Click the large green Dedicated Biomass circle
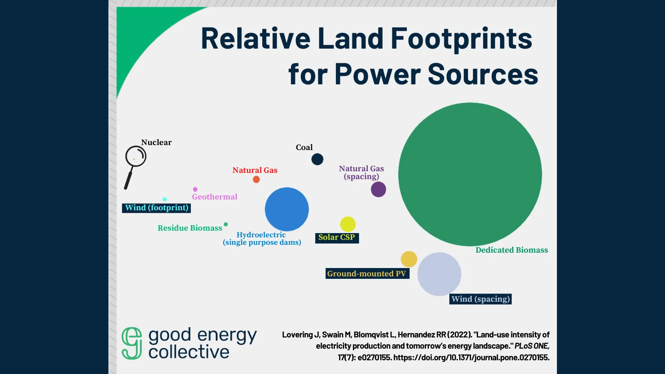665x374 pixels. (x=470, y=174)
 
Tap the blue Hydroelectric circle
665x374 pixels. (x=287, y=209)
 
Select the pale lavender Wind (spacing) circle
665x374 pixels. (x=439, y=274)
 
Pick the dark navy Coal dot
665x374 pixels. (x=317, y=159)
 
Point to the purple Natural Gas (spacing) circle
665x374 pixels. (x=378, y=189)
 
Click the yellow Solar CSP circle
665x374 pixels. (x=348, y=224)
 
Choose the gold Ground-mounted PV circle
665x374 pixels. (x=409, y=259)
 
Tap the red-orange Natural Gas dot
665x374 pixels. (x=256, y=179)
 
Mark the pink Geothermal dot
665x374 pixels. (x=195, y=189)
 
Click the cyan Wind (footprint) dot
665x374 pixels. (x=165, y=199)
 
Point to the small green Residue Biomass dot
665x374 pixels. (x=226, y=224)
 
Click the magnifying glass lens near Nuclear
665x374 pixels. (x=135, y=157)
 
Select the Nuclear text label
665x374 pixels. (x=156, y=143)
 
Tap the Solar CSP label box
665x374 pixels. (x=337, y=238)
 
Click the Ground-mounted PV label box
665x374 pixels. (x=367, y=273)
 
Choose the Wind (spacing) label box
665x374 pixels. (x=480, y=299)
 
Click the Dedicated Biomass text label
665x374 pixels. (x=512, y=250)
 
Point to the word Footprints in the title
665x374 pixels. (x=461, y=39)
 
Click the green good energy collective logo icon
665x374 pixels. (x=132, y=343)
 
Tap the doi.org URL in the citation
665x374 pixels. (x=471, y=357)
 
